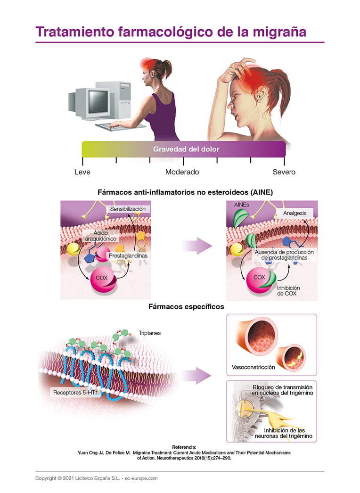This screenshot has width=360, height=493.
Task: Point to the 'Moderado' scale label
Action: point(182,172)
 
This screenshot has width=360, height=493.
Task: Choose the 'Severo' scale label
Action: point(284,172)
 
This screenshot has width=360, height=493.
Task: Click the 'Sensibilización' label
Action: point(127,209)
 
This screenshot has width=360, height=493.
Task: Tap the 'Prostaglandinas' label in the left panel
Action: point(128,255)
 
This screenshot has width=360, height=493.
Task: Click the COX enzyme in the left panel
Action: point(102,278)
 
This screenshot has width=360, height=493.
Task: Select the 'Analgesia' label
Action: point(295,213)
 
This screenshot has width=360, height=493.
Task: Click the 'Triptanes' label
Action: point(149,333)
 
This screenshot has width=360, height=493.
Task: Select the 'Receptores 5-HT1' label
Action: point(75,392)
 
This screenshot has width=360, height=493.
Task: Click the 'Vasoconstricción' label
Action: point(254,367)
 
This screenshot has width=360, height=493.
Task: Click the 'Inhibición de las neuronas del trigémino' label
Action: point(288,433)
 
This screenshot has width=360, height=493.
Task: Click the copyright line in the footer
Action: point(97,478)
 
